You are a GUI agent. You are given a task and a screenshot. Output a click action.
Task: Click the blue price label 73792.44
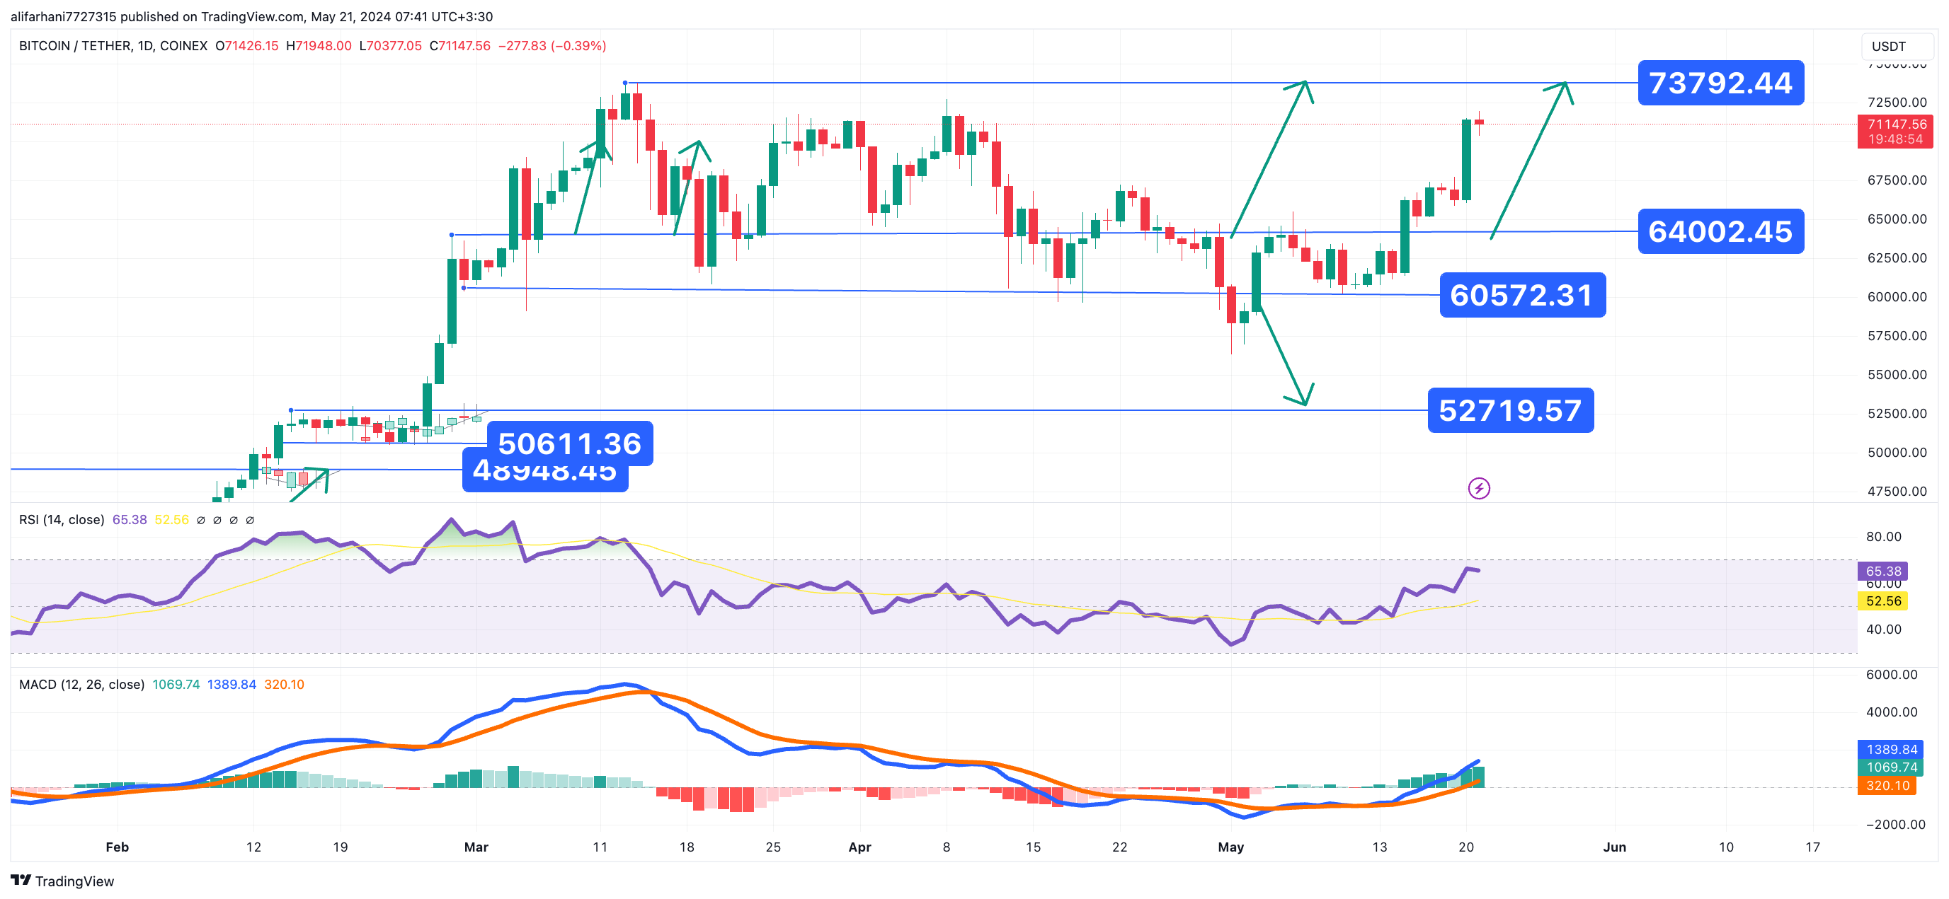click(1720, 83)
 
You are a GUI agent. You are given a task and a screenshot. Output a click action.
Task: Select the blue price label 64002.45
click(1720, 231)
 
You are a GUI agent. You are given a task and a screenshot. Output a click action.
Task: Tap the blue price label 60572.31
click(1521, 295)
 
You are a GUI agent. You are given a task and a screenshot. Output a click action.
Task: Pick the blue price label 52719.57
click(1509, 410)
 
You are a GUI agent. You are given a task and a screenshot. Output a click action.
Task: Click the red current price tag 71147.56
click(1894, 131)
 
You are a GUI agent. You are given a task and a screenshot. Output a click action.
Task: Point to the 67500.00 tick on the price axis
click(1896, 180)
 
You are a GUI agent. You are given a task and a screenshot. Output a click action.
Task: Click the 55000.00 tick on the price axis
click(1896, 374)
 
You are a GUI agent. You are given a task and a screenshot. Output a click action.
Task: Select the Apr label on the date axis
click(859, 847)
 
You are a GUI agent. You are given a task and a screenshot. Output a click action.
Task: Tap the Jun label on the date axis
click(1614, 847)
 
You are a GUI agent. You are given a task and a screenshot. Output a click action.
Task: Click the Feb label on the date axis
click(117, 847)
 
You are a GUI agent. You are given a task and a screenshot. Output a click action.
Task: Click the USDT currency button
click(1889, 46)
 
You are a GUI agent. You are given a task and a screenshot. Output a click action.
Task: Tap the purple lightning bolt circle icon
click(1478, 489)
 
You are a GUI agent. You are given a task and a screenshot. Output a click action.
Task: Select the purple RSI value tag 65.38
click(1882, 571)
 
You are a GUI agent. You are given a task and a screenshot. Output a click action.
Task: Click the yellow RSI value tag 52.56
click(1882, 601)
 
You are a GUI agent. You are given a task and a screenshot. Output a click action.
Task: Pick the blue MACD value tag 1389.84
click(1891, 748)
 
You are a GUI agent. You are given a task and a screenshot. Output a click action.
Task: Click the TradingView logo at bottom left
click(62, 881)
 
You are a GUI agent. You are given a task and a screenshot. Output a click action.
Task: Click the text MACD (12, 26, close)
click(81, 684)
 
